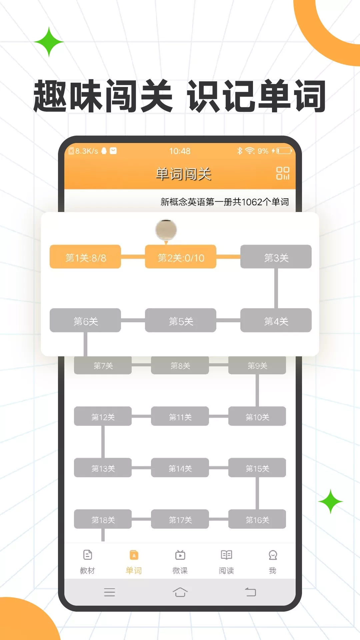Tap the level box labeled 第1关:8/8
click(x=85, y=257)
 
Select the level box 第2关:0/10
click(x=181, y=257)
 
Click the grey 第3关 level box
click(x=276, y=257)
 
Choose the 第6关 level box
click(x=85, y=320)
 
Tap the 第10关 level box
click(x=257, y=416)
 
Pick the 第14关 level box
click(x=180, y=468)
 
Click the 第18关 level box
click(x=103, y=519)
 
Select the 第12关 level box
click(x=103, y=416)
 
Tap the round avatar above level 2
click(x=166, y=230)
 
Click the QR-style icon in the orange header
click(x=283, y=173)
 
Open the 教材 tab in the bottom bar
click(x=87, y=562)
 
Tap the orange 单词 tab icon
click(x=134, y=555)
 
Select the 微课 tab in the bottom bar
click(x=180, y=562)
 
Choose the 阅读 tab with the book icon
click(x=226, y=562)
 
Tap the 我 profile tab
click(x=273, y=562)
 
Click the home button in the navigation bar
click(x=180, y=592)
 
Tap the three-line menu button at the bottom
click(x=109, y=592)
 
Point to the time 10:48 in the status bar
click(x=180, y=151)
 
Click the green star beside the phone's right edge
click(x=330, y=501)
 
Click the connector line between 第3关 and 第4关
click(x=276, y=288)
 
